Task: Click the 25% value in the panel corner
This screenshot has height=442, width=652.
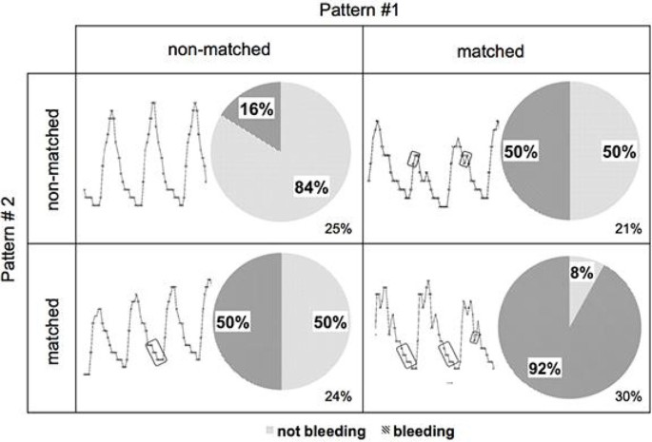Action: (x=338, y=229)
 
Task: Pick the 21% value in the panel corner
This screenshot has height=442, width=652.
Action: (x=629, y=229)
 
